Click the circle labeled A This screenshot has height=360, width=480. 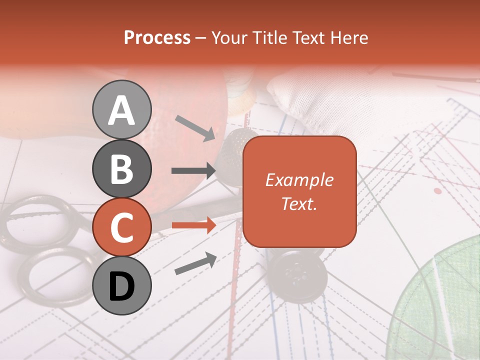coord(121,109)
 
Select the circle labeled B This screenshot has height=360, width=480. coord(121,168)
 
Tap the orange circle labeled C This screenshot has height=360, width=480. coord(121,227)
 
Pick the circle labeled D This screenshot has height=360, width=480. coord(121,286)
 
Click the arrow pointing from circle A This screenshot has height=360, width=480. coord(195,127)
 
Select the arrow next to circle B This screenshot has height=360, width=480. coord(193,171)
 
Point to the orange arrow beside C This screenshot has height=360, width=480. coord(193,225)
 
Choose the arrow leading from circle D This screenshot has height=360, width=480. coord(195,263)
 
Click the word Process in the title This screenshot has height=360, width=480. coord(157,37)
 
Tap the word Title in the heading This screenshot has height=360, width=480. coord(270,37)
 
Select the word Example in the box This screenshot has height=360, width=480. coord(299,180)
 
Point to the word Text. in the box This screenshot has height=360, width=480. coord(299,203)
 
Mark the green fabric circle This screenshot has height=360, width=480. coord(440,300)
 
